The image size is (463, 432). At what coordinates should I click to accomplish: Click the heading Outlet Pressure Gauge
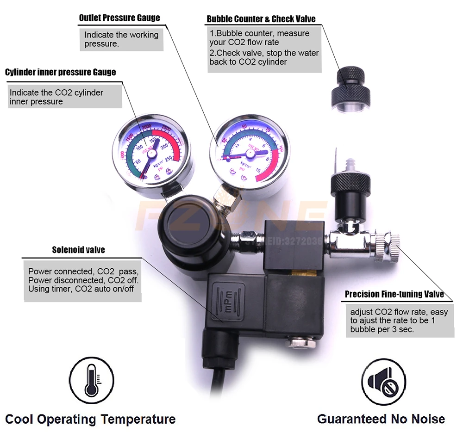(119, 18)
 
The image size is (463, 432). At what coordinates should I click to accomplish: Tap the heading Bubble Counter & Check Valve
(261, 19)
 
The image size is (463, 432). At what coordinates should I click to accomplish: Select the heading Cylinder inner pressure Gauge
(61, 72)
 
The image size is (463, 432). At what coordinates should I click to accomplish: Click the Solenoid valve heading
(78, 250)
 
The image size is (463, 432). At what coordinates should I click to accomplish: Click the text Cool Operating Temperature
(91, 420)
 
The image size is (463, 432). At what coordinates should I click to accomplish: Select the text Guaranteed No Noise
(381, 419)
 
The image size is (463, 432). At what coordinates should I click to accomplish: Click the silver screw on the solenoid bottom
(293, 343)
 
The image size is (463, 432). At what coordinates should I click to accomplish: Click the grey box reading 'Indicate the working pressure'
(121, 39)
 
